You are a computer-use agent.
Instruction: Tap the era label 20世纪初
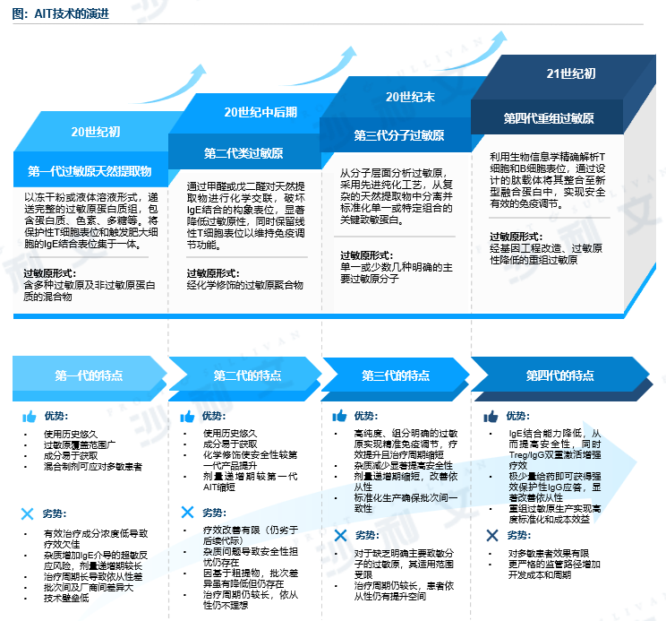tap(96, 132)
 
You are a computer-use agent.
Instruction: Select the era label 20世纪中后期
tap(260, 112)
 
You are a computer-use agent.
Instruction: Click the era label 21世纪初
tap(570, 73)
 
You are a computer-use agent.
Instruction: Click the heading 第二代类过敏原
tap(243, 152)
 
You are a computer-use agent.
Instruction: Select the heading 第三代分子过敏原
tap(398, 136)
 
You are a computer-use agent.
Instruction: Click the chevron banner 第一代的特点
tap(90, 375)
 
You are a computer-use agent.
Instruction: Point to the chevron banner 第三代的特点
tap(397, 375)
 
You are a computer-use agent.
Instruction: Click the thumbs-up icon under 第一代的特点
tap(29, 417)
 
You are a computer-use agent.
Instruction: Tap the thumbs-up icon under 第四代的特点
tap(491, 417)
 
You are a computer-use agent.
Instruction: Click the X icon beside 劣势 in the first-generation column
tap(29, 514)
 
